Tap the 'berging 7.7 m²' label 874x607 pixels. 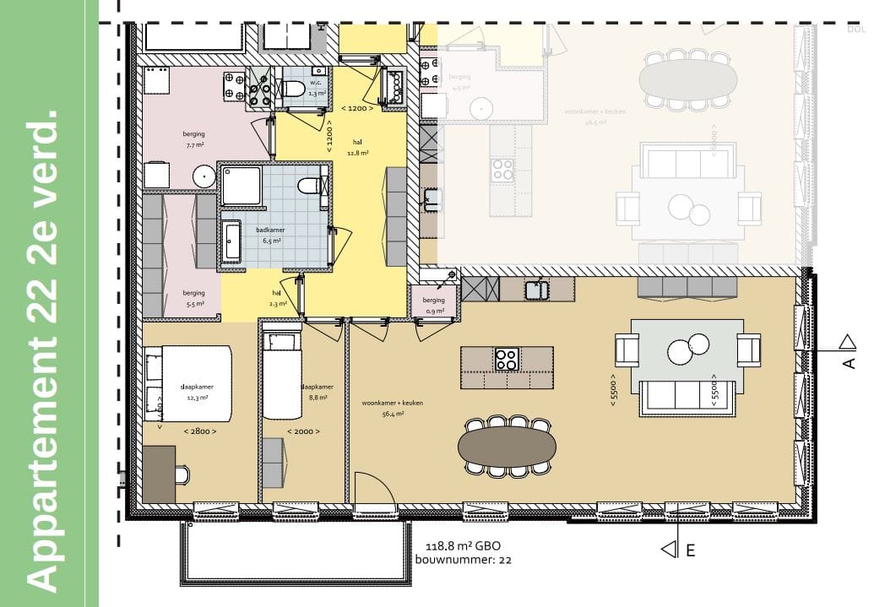coord(193,139)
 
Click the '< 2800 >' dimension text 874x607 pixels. coord(199,431)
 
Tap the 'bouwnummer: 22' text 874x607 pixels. coord(463,560)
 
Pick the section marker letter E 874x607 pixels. coord(690,550)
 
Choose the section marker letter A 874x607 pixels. coord(849,362)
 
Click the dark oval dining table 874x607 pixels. coord(507,445)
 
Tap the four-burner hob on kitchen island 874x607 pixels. coord(506,359)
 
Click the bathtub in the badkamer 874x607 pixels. coord(231,241)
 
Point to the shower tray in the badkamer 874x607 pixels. coord(242,184)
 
